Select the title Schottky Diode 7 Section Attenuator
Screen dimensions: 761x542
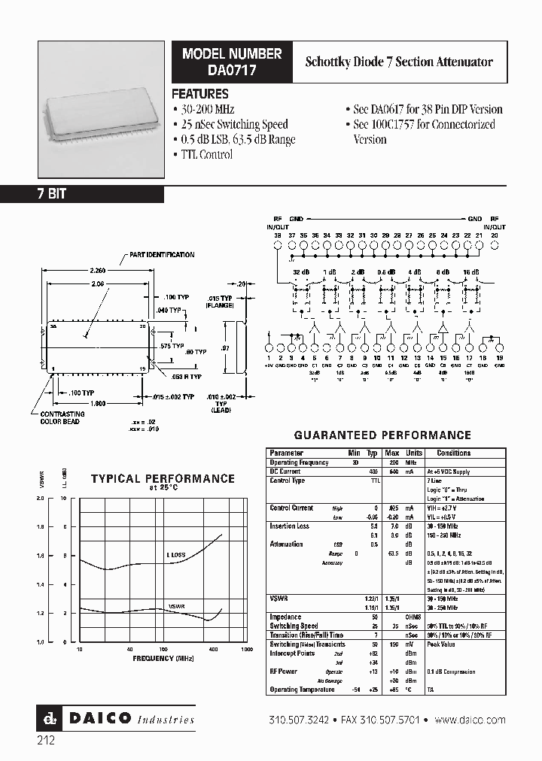tap(399, 62)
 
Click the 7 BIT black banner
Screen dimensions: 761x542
tap(82, 194)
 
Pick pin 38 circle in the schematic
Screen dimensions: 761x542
tap(278, 244)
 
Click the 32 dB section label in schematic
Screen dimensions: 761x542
tap(301, 272)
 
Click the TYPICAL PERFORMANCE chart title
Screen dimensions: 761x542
tap(163, 478)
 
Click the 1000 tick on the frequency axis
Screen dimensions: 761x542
tap(246, 648)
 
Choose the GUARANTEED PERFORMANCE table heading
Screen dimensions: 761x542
tap(382, 435)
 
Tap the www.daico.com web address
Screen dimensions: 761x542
tap(470, 720)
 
